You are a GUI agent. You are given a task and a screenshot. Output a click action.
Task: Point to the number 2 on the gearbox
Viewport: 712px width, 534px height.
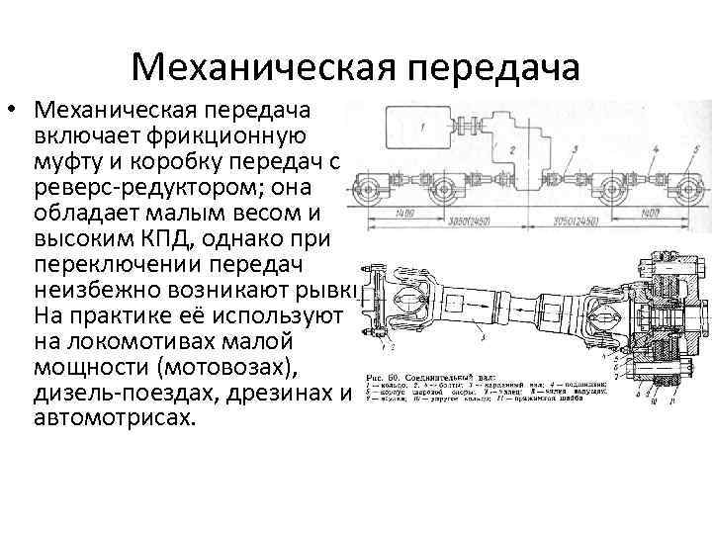[x=511, y=148]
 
